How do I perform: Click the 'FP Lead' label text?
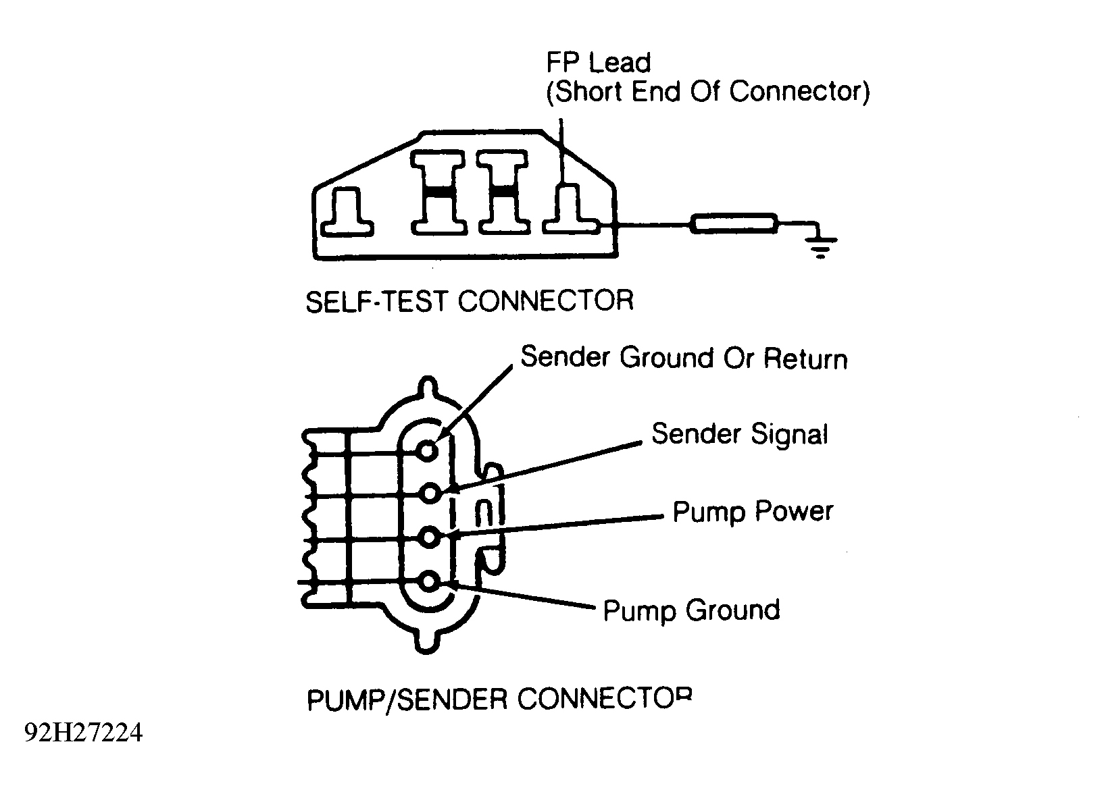coord(599,63)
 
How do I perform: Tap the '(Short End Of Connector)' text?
coord(708,93)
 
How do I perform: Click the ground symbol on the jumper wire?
coord(821,246)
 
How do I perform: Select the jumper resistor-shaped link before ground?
coord(734,223)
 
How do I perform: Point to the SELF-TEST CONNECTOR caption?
coord(470,301)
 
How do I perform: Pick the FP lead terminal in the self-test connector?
coord(572,209)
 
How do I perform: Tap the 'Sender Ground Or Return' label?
coord(684,358)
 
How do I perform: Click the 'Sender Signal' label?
coord(740,434)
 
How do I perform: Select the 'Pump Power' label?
coord(753,512)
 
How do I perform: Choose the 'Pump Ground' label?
coord(691,611)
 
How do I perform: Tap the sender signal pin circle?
coord(430,493)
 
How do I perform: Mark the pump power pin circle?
coord(430,537)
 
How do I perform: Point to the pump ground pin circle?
coord(429,582)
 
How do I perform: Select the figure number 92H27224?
coord(83,733)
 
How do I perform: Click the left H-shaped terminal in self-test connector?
coord(438,192)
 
